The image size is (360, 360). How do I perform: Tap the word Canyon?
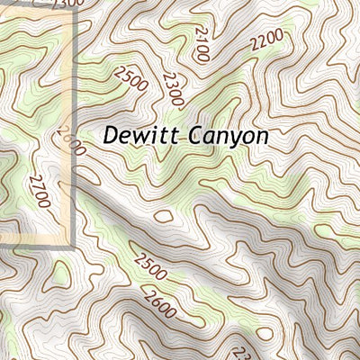228,136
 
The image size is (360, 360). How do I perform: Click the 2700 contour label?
39,191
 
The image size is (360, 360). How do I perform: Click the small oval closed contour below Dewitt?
164,216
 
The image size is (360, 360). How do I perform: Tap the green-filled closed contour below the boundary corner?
60,274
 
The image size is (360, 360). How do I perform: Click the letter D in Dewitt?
111,136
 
